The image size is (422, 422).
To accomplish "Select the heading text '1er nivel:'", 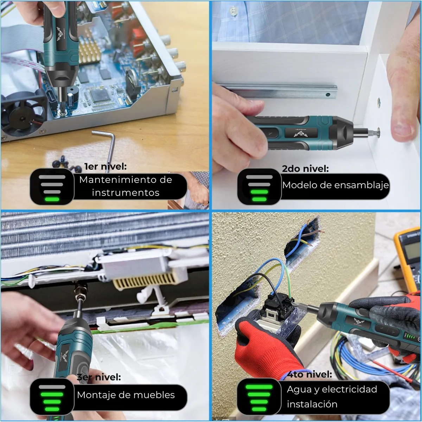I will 105,166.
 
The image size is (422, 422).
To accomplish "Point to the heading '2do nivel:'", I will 305,168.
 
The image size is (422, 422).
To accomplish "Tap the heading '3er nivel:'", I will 99,377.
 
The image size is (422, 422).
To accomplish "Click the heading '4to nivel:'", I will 309,374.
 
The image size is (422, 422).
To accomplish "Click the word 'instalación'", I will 312,404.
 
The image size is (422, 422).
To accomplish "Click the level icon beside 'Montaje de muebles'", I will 52,397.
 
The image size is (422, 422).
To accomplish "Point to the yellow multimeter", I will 408,257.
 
